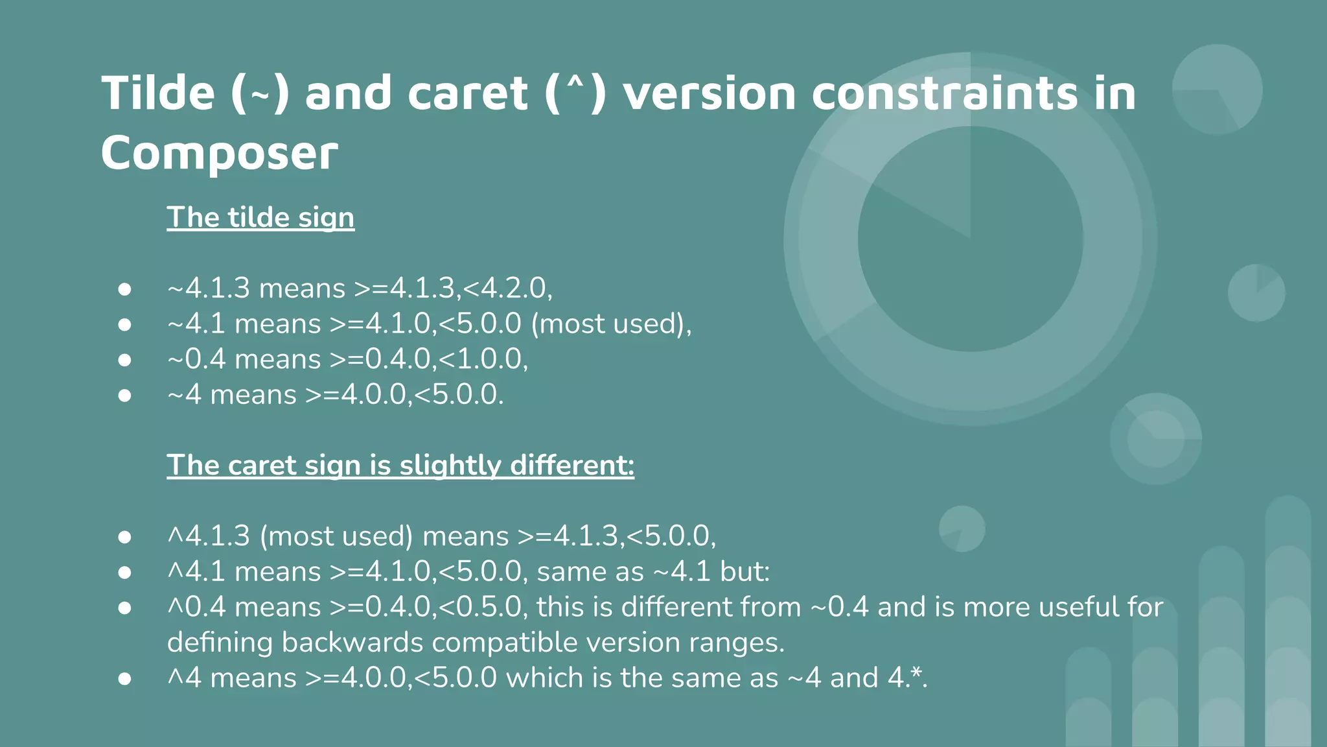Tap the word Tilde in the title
pos(158,93)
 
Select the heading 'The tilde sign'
pos(260,217)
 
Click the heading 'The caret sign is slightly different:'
pos(400,465)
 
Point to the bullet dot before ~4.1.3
pos(125,289)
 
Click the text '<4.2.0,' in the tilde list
pos(508,289)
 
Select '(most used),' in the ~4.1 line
pos(612,324)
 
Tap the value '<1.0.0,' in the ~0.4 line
pos(483,359)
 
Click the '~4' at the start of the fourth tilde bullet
pos(185,395)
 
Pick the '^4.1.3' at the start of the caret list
pos(209,536)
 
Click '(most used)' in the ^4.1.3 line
pos(336,536)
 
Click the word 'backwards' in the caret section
pos(352,643)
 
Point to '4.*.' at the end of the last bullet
pos(908,678)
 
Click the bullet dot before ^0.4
pos(125,608)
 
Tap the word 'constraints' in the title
pos(945,93)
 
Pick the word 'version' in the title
pos(710,93)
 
